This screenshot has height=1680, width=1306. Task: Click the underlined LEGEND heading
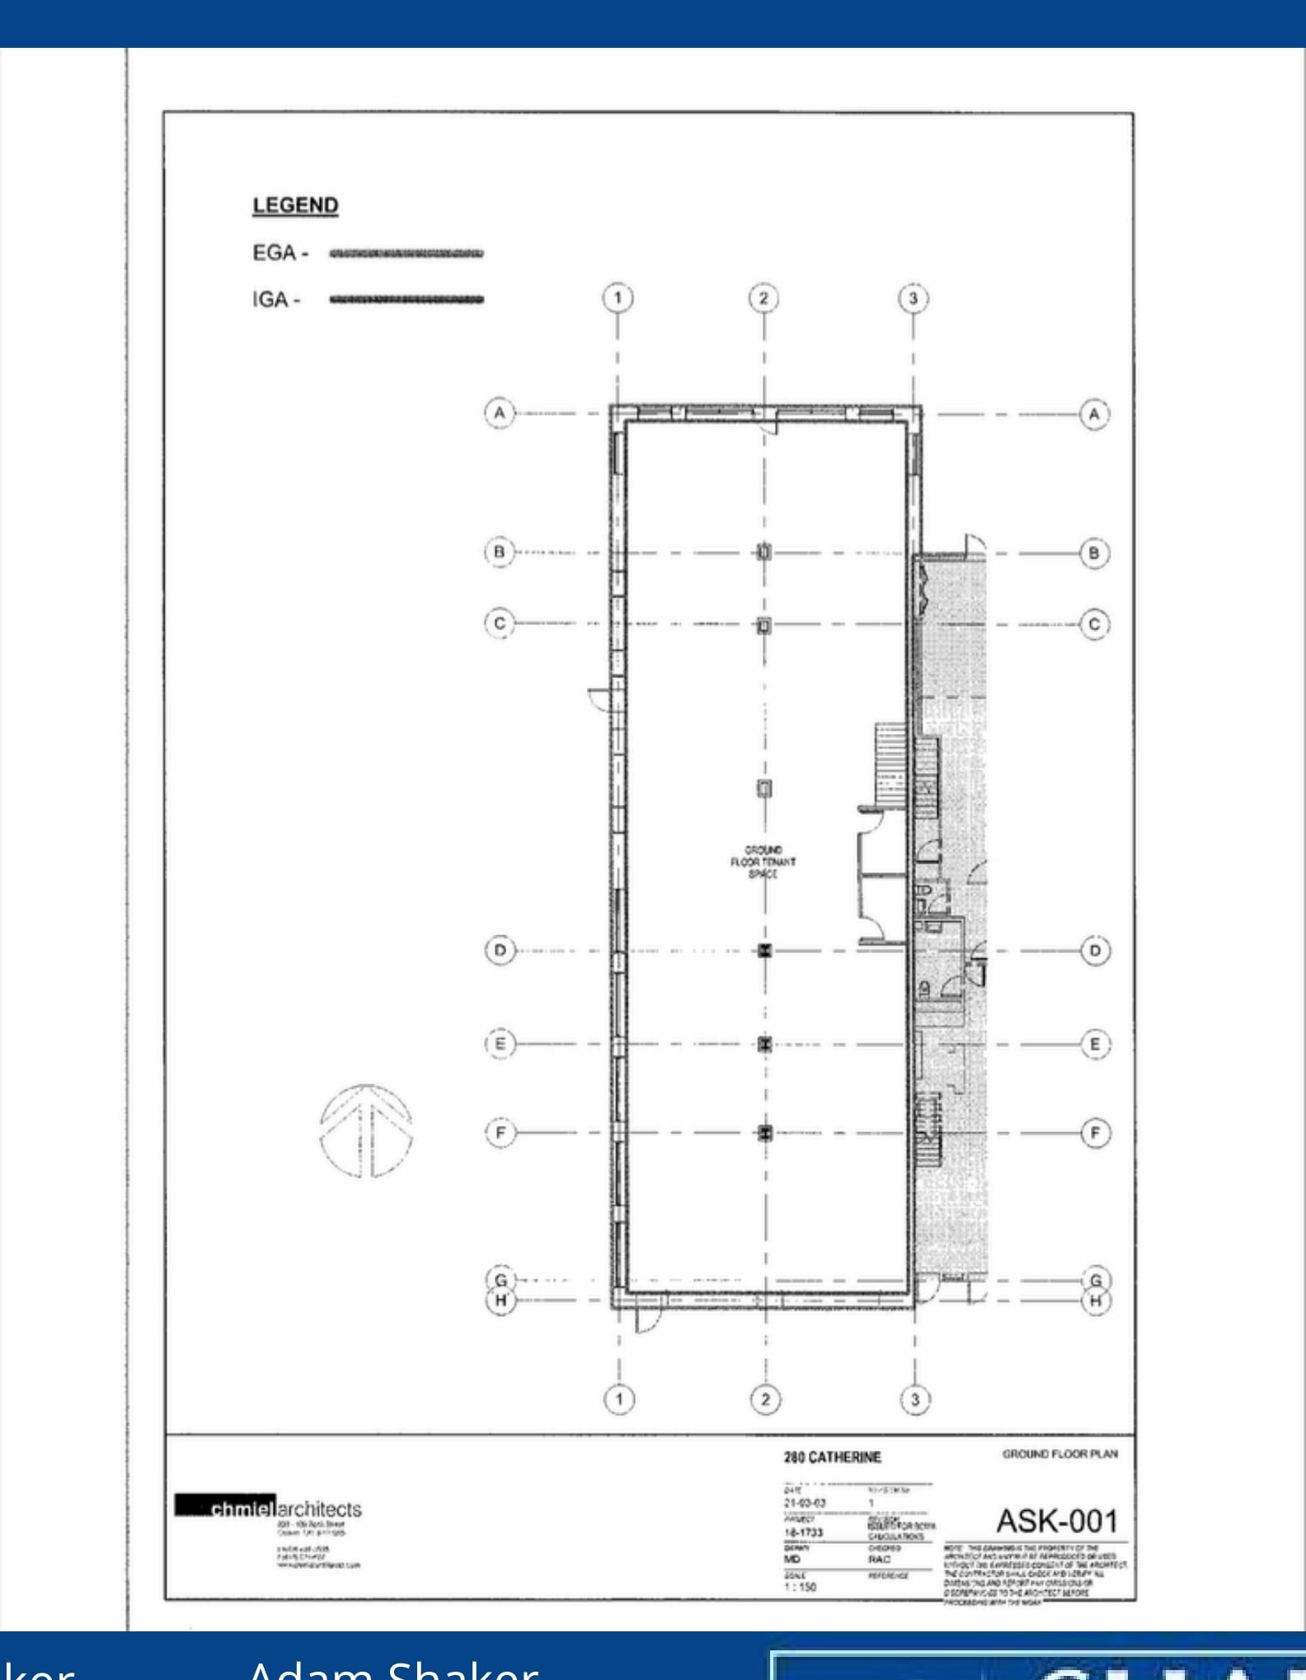(x=295, y=205)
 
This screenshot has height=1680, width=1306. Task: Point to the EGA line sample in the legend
(x=406, y=253)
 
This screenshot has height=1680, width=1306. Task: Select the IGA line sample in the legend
(x=406, y=299)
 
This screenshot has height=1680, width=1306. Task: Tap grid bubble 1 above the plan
(x=618, y=298)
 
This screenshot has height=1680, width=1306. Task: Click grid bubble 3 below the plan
(x=914, y=1400)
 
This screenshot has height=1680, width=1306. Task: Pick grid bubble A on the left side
(x=499, y=412)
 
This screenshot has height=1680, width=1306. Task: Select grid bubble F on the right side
(x=1095, y=1133)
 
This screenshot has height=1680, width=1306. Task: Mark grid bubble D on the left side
(x=500, y=950)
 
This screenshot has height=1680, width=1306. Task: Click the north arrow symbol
(x=366, y=1132)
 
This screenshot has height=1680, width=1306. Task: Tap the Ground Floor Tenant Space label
(x=763, y=862)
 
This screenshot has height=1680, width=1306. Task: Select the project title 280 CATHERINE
(x=832, y=1458)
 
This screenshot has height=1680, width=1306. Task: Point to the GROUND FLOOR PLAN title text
(x=1059, y=1454)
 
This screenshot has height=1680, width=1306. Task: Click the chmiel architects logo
(x=269, y=1509)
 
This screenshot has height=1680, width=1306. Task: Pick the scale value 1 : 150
(x=799, y=1586)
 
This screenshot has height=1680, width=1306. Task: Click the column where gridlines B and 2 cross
(x=764, y=552)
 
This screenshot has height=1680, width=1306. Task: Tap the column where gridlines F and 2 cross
(x=765, y=1132)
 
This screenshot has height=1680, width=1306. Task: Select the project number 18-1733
(x=803, y=1532)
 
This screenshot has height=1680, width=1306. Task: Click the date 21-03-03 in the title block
(x=804, y=1503)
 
